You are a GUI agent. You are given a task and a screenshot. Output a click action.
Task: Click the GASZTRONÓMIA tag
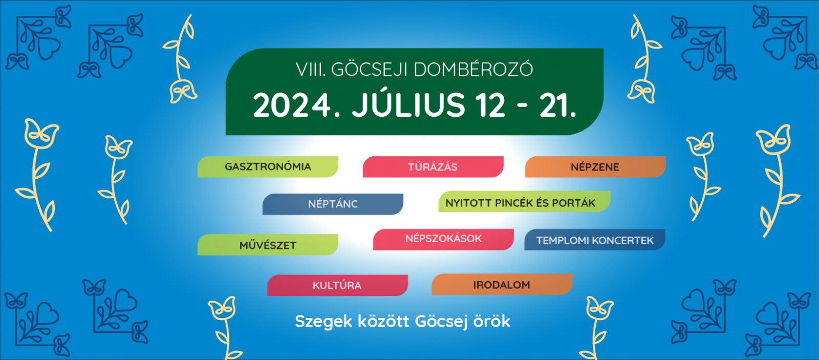268,167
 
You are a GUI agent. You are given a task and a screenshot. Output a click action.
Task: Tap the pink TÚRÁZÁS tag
433,167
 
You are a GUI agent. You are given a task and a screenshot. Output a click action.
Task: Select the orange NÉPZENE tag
595,167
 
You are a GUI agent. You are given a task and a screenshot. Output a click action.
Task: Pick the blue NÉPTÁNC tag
333,204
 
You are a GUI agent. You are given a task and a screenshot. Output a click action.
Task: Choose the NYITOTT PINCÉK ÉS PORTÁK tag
524,202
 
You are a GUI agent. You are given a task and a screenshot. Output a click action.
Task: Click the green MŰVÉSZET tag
268,245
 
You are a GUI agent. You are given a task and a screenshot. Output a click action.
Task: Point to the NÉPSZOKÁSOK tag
443,240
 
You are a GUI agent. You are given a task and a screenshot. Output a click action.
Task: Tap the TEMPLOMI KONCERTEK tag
595,240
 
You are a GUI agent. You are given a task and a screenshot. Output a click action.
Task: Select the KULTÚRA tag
337,285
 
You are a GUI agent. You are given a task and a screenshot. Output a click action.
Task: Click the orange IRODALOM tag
502,284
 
